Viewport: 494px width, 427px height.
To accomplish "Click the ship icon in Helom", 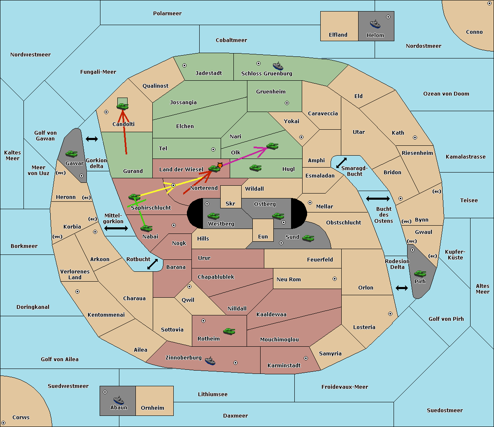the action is (375, 24).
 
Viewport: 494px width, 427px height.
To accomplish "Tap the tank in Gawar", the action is (72, 154).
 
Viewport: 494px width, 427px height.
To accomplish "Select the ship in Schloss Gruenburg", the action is (278, 66).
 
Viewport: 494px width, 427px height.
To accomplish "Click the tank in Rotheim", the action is (229, 331).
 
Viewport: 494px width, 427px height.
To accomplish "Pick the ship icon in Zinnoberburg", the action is (210, 361).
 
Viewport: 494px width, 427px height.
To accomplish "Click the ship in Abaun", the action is (119, 400).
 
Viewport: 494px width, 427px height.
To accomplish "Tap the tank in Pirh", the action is (420, 273).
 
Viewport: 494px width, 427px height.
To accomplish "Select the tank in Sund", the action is (308, 238).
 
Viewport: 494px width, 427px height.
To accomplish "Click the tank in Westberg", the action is (213, 216).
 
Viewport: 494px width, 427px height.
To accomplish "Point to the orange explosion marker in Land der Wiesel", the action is (220, 165).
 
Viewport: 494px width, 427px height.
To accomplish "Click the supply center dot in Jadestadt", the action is (184, 65).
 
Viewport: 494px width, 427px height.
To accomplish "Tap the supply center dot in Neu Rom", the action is (335, 279).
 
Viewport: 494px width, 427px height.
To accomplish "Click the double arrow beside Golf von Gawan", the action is (92, 139).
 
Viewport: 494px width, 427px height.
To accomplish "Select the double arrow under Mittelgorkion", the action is (116, 228).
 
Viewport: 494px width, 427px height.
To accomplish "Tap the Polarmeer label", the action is (167, 14).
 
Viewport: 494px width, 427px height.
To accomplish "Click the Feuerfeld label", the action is (320, 259).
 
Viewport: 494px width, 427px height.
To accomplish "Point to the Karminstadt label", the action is (284, 365).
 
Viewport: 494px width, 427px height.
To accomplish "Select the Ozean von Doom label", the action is (446, 94).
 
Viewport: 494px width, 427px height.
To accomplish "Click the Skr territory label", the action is (231, 203).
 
